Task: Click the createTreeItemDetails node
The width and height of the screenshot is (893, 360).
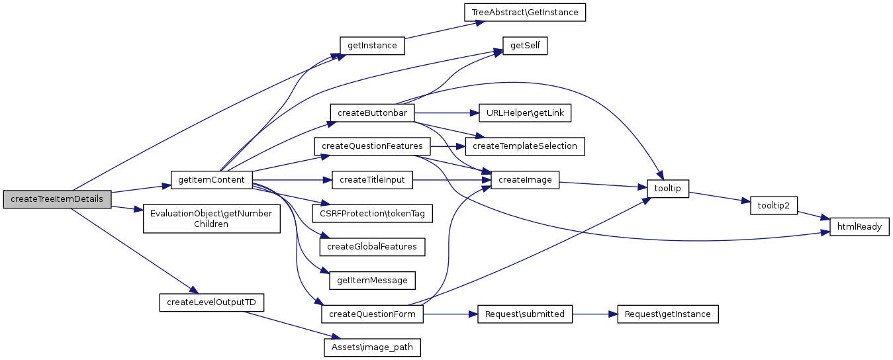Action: [x=57, y=199]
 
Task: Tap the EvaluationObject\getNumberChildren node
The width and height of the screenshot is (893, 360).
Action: [x=211, y=218]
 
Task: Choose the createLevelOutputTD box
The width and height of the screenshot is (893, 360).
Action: [x=211, y=302]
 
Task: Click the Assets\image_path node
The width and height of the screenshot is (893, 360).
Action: [x=372, y=347]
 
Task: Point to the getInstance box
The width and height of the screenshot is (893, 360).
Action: [x=372, y=46]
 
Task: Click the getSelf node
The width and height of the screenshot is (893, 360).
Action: [x=525, y=46]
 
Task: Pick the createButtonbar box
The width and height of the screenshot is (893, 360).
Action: [x=372, y=112]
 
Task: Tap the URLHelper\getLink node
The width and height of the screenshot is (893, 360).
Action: [x=525, y=112]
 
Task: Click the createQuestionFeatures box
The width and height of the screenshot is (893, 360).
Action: [x=372, y=146]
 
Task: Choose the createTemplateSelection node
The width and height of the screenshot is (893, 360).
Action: [x=525, y=146]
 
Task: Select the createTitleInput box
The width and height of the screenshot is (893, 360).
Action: [x=372, y=179]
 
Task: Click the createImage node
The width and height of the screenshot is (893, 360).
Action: [x=525, y=179]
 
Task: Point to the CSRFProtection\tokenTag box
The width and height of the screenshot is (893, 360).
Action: [x=372, y=213]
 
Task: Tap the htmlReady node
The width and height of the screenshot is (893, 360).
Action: [x=859, y=226]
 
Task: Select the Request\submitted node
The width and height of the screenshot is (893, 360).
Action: [x=525, y=314]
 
